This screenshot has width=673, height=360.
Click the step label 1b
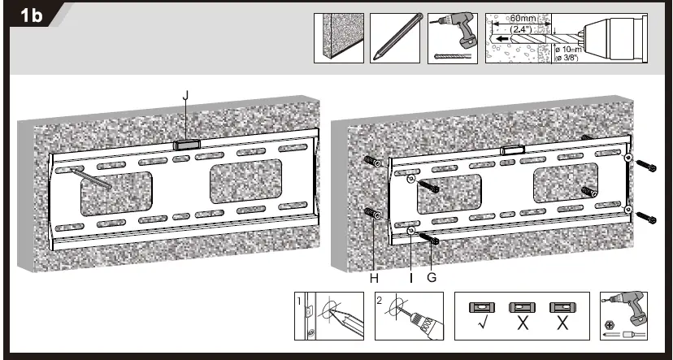(x=31, y=17)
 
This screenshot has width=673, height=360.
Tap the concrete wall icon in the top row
(x=339, y=37)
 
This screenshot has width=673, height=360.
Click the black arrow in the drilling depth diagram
(x=505, y=37)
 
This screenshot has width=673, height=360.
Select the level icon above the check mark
(x=480, y=308)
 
